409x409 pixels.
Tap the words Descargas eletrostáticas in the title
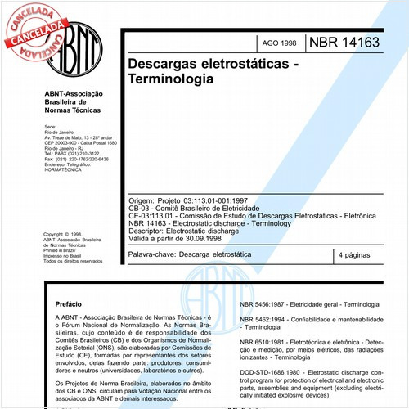[x=203, y=63]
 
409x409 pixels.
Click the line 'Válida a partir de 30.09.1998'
[x=182, y=236]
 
